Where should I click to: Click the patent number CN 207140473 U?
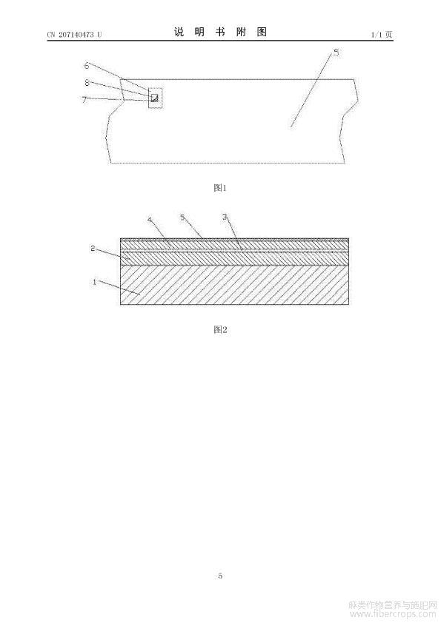[74, 35]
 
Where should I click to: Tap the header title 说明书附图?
[220, 32]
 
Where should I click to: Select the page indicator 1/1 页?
[382, 35]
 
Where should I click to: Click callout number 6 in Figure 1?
[87, 66]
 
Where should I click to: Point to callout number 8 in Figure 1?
[87, 83]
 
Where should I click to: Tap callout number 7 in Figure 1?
[84, 99]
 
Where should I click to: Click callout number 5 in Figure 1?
[336, 53]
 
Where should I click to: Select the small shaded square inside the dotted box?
[154, 98]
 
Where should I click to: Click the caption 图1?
[220, 188]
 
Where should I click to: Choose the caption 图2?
[220, 329]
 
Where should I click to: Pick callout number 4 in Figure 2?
[150, 219]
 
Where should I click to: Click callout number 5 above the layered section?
[182, 218]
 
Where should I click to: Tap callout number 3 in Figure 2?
[225, 217]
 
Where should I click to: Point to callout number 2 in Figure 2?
[93, 249]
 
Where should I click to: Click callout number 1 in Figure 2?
[95, 282]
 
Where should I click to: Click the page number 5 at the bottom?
[220, 576]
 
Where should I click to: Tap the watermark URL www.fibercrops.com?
[393, 614]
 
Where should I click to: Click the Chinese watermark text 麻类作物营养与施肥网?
[393, 605]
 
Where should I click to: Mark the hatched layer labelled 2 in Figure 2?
[235, 259]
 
